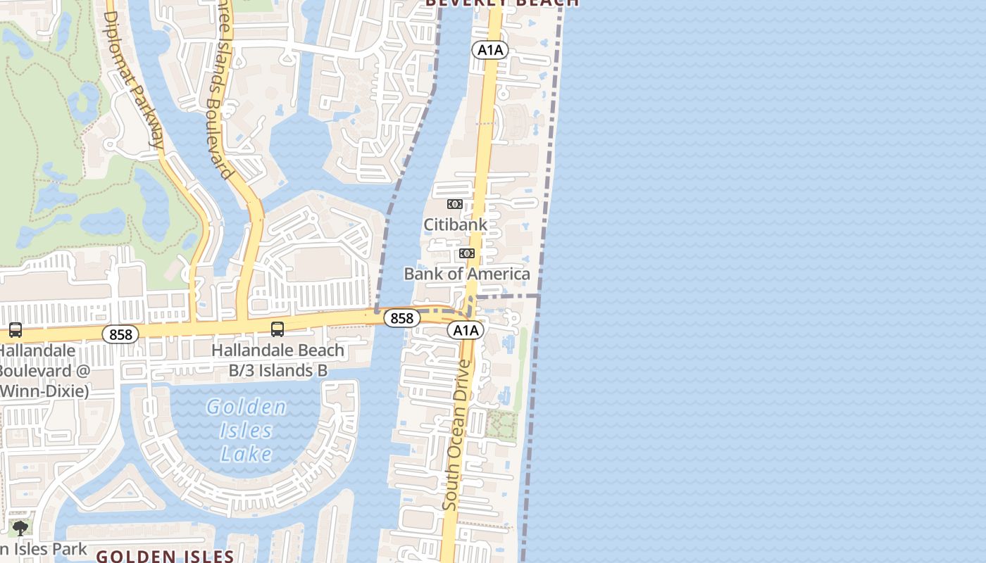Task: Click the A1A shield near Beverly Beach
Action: (490, 49)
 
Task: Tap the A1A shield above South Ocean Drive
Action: (465, 330)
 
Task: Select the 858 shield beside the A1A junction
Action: (401, 318)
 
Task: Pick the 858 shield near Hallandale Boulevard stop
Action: (120, 334)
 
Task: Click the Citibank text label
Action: (455, 224)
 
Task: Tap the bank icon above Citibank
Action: (455, 204)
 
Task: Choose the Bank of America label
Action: (467, 274)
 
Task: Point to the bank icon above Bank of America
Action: (467, 253)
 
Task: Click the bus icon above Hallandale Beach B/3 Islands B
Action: (277, 329)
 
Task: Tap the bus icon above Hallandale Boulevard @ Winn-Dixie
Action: (15, 329)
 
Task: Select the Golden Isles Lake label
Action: (246, 430)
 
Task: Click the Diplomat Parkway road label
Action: (135, 79)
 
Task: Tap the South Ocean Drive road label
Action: (456, 435)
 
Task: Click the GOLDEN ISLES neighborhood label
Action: (165, 556)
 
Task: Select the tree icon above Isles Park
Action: (20, 528)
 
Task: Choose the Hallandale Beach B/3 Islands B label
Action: (277, 360)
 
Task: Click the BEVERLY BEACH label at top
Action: (502, 3)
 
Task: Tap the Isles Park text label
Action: (44, 549)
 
